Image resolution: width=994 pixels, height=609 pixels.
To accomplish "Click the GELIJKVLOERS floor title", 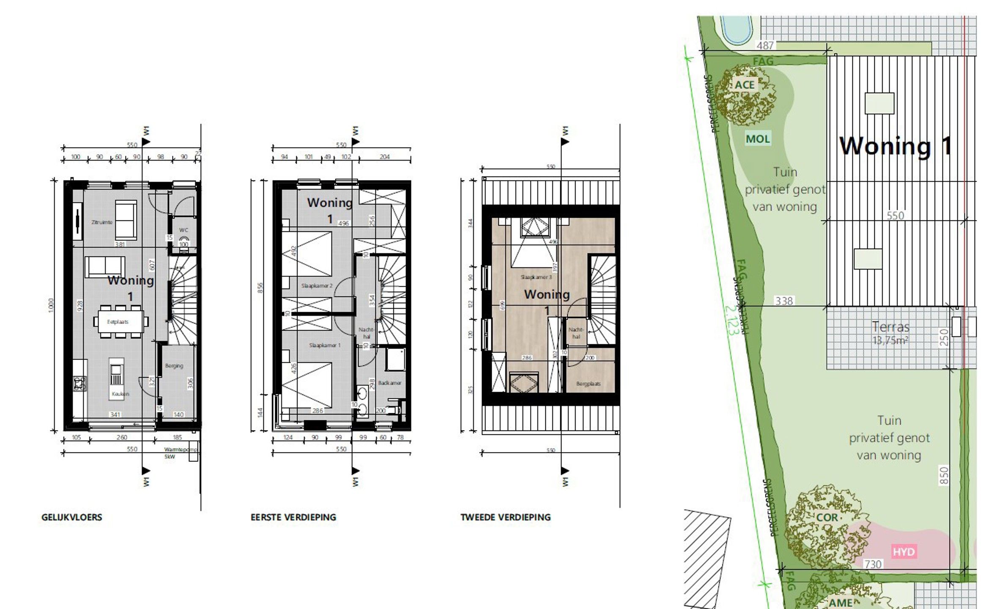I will point(72,517).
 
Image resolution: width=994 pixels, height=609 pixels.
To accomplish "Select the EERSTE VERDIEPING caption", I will point(293,517).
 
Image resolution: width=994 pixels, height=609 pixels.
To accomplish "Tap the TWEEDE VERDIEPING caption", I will point(505,517).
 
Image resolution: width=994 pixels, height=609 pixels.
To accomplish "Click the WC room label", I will point(183,230).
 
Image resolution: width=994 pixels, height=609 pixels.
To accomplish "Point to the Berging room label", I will point(174,366).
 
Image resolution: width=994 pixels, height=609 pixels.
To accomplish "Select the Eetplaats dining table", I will point(118,322).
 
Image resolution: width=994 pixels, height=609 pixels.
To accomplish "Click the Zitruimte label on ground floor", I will point(102,222).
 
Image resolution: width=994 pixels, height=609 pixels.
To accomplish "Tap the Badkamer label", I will point(389,383).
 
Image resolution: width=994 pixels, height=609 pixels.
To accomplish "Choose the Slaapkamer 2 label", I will point(317,285).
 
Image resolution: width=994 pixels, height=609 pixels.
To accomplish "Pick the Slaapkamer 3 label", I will point(536,277).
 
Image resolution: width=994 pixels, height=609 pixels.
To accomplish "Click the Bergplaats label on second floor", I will point(588,384).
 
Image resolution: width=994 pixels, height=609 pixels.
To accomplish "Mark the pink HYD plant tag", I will point(904,551).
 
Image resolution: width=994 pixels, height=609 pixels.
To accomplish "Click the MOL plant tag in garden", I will point(758,139).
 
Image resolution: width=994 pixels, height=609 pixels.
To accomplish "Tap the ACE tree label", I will point(745,85).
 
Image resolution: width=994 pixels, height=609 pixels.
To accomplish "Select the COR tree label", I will point(827,518).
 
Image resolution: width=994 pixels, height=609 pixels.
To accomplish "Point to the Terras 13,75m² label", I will point(890,332).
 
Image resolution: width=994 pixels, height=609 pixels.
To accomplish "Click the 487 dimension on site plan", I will point(765,45).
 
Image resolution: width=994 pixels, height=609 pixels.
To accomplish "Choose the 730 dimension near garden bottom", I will point(873,564).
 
